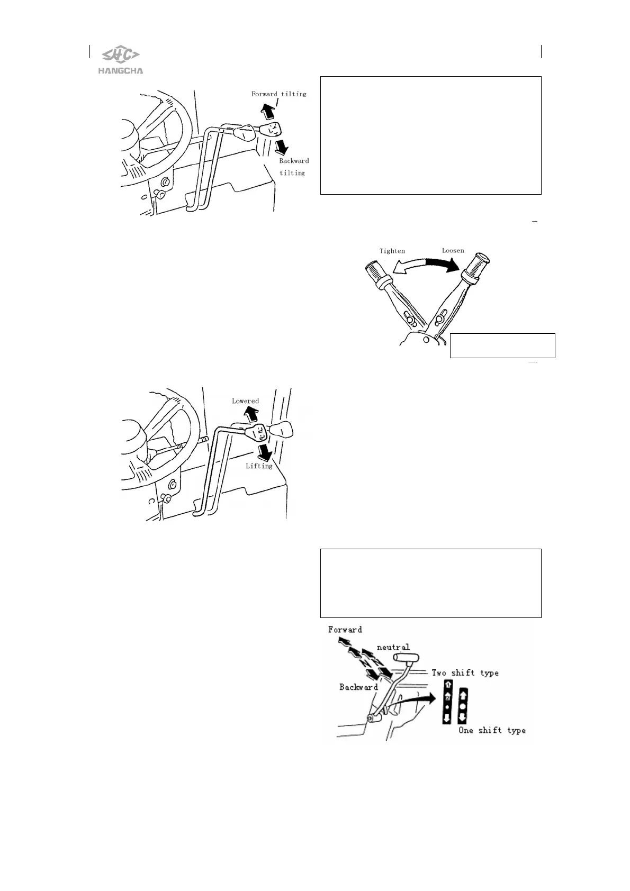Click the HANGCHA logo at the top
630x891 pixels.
coord(121,59)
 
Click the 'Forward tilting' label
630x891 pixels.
coord(278,94)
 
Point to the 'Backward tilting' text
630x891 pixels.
coord(293,167)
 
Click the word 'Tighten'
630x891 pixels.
coord(392,251)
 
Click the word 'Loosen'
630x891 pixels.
coord(453,250)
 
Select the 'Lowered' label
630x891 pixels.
coord(245,401)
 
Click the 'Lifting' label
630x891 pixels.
coord(259,466)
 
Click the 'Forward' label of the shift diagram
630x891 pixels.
coord(345,630)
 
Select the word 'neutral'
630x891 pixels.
coord(393,647)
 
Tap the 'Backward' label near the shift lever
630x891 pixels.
coord(358,687)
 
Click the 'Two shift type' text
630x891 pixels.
coord(465,673)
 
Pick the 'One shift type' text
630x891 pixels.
coord(492,731)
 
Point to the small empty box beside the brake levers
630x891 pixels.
coord(502,346)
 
